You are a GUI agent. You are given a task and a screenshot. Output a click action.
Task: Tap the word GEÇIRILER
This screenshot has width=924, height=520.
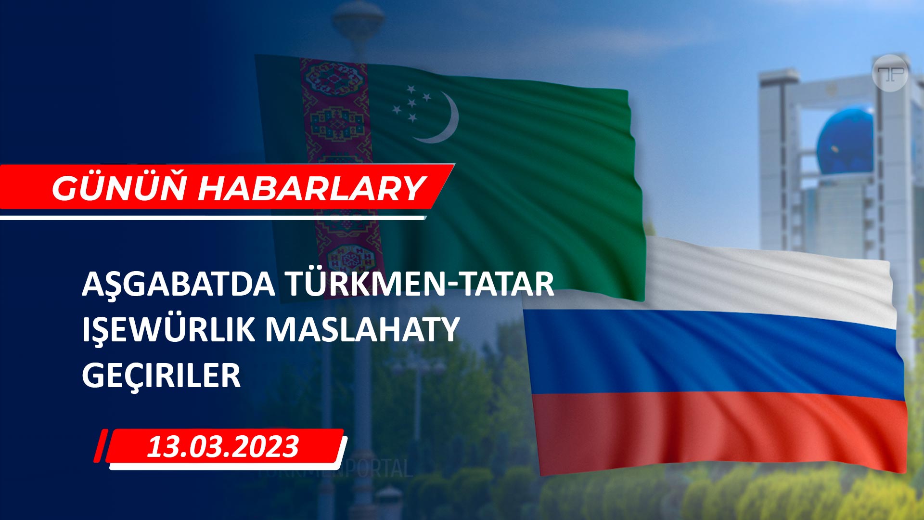tap(161, 376)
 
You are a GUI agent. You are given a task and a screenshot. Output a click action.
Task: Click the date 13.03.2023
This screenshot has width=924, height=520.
tap(223, 446)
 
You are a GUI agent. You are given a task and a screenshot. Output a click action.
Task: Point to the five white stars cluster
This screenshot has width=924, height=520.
tap(411, 103)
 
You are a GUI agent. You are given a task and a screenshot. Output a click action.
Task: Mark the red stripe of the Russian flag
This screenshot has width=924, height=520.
tap(722, 431)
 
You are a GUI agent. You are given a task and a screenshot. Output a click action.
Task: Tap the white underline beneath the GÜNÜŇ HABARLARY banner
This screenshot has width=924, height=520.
tap(213, 218)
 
